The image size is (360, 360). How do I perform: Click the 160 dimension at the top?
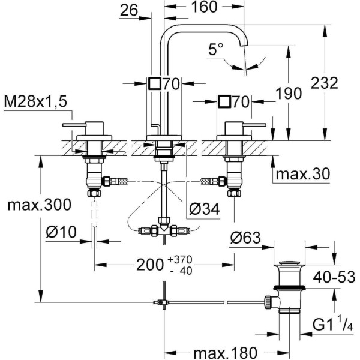click(x=204, y=7)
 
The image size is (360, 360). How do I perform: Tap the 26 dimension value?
click(x=129, y=10)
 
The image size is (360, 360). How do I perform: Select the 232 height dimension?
click(x=325, y=83)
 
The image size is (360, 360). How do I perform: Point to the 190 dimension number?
click(x=289, y=93)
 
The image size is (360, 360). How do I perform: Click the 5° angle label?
click(x=215, y=49)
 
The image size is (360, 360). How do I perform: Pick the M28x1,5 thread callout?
click(x=35, y=101)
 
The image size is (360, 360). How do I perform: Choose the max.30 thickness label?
click(x=303, y=174)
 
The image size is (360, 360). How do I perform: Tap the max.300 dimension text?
click(x=39, y=205)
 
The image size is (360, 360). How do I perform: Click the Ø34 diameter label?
click(x=205, y=209)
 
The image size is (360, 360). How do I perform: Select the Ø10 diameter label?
click(x=61, y=232)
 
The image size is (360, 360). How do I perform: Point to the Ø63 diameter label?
click(x=245, y=238)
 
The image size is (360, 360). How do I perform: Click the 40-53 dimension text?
click(x=334, y=277)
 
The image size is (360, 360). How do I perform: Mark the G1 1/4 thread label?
click(x=332, y=324)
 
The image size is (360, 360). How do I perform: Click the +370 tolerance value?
click(x=180, y=260)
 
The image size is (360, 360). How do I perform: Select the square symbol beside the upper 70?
click(x=154, y=83)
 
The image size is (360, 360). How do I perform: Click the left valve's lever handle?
click(x=74, y=125)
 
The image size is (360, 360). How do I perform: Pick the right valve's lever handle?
click(x=254, y=125)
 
